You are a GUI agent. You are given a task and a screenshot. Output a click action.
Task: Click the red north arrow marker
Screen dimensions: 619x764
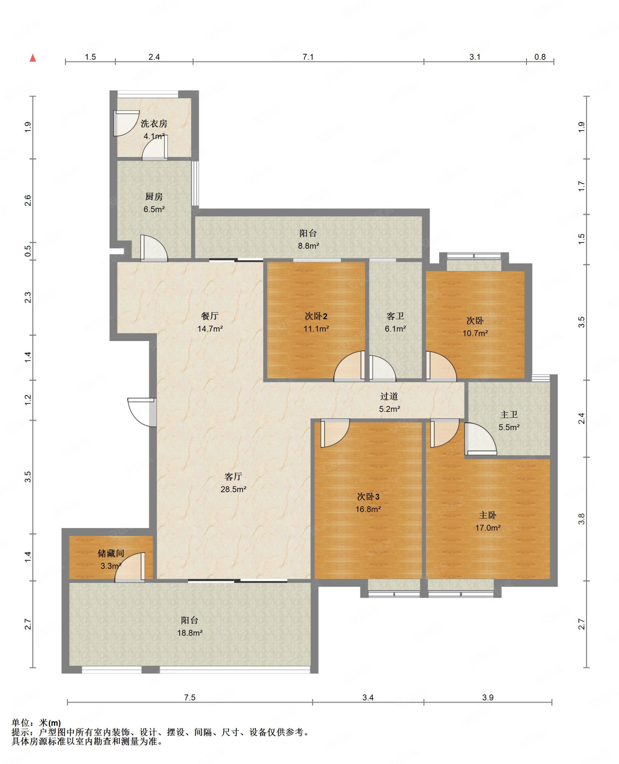click(x=33, y=57)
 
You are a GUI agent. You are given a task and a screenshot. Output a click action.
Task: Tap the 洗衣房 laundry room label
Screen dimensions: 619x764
click(x=154, y=124)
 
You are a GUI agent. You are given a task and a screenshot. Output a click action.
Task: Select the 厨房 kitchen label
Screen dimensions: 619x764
click(x=154, y=197)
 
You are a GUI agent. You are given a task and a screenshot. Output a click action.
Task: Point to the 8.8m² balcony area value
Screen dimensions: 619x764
click(x=308, y=246)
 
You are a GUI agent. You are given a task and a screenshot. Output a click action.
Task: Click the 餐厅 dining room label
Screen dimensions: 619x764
click(x=210, y=316)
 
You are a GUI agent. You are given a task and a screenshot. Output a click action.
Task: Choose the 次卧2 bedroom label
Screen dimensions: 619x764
click(x=316, y=316)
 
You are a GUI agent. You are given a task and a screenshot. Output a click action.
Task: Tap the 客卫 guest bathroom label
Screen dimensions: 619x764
click(x=395, y=316)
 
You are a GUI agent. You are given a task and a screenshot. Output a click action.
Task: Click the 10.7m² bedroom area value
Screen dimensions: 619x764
click(x=475, y=333)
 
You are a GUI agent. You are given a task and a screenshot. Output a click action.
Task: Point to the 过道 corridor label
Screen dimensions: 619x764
click(x=389, y=396)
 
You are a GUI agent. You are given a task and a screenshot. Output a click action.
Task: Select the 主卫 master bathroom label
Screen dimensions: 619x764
click(x=509, y=415)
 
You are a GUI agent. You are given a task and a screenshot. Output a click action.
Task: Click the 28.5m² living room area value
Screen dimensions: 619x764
click(x=233, y=489)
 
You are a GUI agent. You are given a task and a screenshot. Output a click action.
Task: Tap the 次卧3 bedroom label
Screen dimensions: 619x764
click(x=368, y=496)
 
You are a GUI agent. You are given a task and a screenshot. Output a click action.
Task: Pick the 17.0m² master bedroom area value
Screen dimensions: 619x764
click(x=488, y=528)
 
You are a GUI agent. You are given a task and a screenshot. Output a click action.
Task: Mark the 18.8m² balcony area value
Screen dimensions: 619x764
click(x=190, y=633)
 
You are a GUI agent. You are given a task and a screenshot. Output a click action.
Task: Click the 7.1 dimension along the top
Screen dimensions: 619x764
click(x=308, y=57)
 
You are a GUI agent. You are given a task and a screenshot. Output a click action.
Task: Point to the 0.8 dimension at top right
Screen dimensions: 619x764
click(x=540, y=57)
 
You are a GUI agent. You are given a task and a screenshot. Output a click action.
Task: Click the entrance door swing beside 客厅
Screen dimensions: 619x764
click(x=142, y=412)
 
